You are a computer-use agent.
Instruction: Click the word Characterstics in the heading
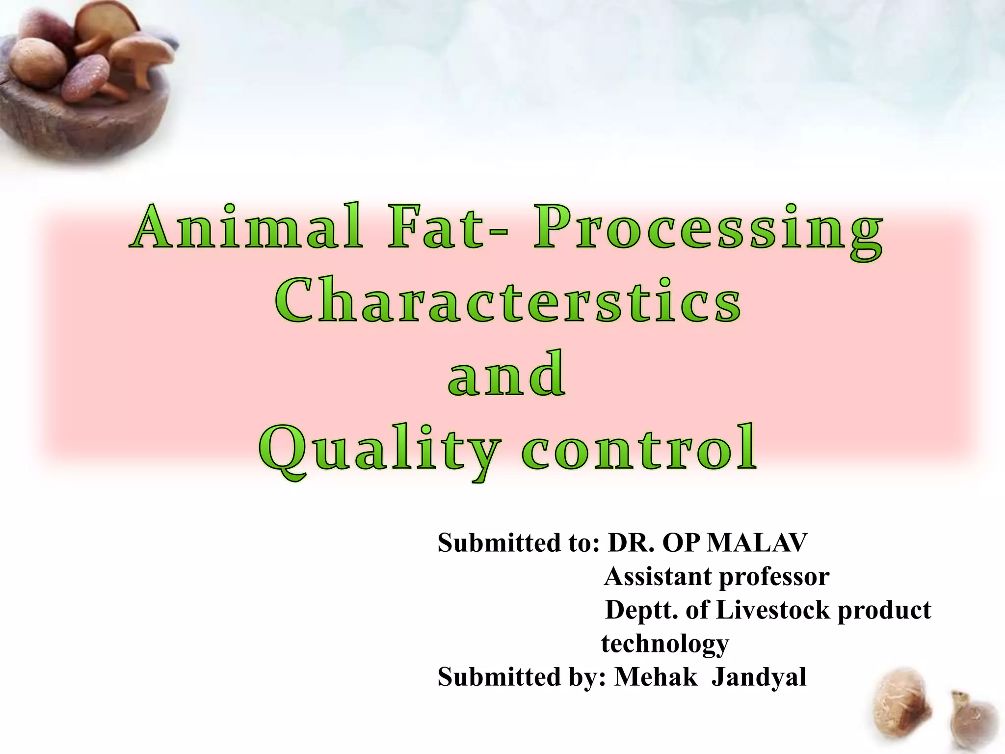tap(507, 301)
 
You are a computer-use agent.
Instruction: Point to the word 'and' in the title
tap(506, 374)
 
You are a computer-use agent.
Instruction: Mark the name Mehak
tap(656, 676)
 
